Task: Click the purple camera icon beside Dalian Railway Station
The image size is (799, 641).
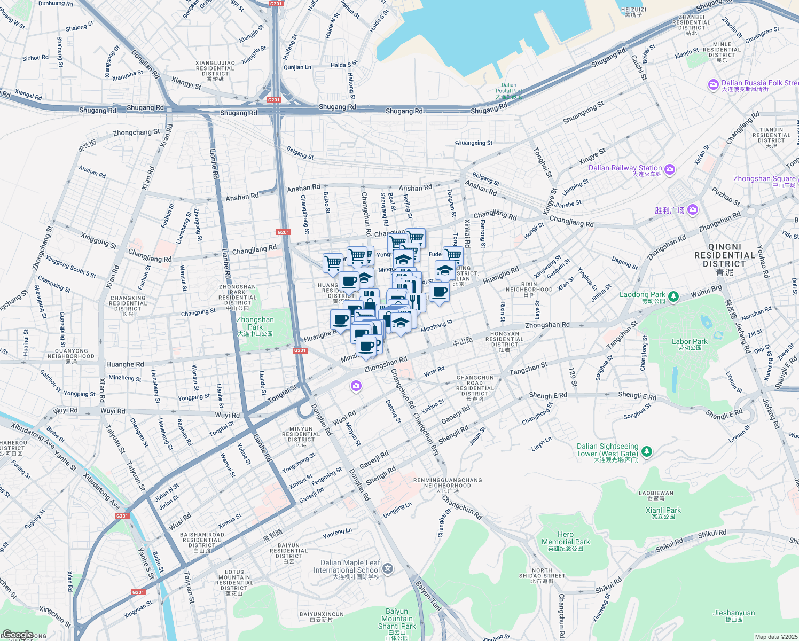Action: pos(670,169)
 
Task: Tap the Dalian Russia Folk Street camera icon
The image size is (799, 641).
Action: pos(713,85)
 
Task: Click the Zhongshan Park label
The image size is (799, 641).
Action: pos(255,324)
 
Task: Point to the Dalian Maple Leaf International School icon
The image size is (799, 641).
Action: pos(388,569)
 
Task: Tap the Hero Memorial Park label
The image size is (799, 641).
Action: pos(566,538)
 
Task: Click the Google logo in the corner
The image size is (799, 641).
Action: pos(18,635)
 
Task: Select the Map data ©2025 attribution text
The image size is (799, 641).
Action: pos(776,637)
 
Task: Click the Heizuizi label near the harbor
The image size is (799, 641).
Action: pos(633,12)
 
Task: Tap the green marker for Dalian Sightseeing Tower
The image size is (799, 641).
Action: pos(647,452)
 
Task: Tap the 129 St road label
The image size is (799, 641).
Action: pos(573,377)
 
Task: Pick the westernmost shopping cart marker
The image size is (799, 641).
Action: pos(333,262)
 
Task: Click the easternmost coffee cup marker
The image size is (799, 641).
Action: pos(439,292)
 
